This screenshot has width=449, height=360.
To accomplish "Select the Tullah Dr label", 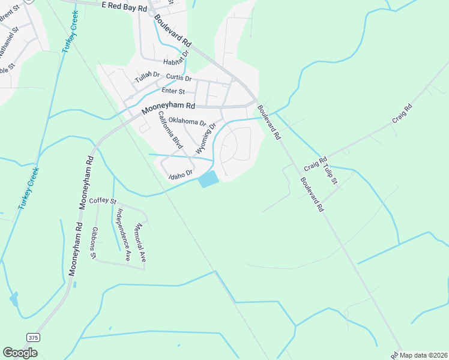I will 147,77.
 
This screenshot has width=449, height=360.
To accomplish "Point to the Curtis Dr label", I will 178,78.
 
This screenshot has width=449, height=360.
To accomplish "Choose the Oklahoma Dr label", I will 187,122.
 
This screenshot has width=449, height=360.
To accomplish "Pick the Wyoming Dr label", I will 205,139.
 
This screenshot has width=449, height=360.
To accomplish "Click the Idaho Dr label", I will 180,174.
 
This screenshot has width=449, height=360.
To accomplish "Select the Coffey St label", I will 103,201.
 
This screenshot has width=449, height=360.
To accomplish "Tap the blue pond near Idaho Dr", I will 208,179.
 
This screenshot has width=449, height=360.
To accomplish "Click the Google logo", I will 20,353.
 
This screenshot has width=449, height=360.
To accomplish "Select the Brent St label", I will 10,17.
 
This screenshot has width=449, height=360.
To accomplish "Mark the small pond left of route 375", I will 14,299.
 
